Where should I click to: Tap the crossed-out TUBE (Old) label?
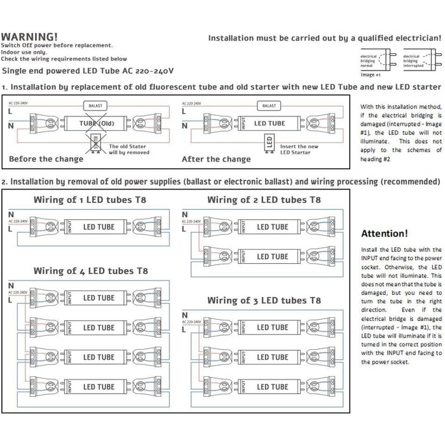coord(95,123)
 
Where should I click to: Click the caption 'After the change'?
coord(216,159)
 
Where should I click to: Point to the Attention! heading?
coord(384,234)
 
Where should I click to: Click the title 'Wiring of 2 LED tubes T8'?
coord(264,200)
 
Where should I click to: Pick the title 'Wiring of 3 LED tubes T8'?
coord(264,299)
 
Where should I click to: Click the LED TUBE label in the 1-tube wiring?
coord(99,226)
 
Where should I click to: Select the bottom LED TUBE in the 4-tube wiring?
coord(99,387)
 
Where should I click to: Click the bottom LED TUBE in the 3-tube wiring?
coord(273,387)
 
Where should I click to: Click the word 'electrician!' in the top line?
coord(410,38)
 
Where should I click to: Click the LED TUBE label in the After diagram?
coord(270,123)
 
